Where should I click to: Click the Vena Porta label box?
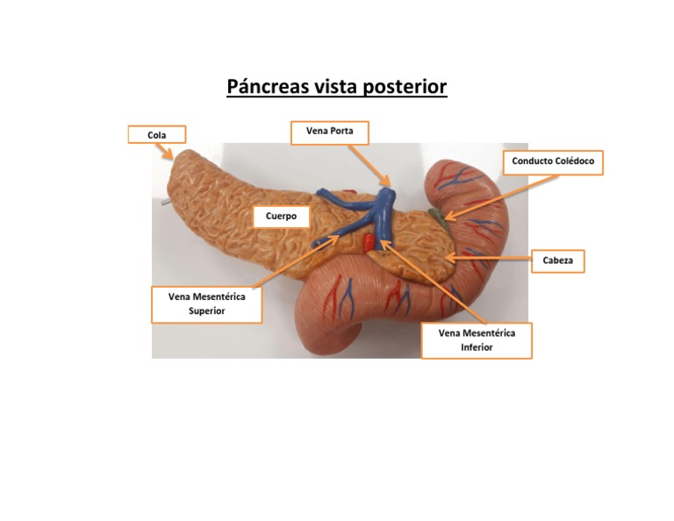tap(330, 132)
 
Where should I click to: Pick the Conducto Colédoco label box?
tap(553, 162)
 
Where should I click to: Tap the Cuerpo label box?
tap(281, 216)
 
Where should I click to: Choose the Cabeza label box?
tap(558, 260)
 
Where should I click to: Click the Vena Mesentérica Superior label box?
tap(207, 303)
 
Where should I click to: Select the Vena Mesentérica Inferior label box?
tap(477, 340)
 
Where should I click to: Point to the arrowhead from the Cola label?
tap(171, 157)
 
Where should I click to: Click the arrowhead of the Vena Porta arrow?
tap(388, 185)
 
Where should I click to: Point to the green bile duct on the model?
tap(438, 216)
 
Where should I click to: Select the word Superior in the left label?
tap(207, 311)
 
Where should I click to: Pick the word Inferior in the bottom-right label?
tap(477, 347)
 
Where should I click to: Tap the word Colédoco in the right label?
tap(574, 162)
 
